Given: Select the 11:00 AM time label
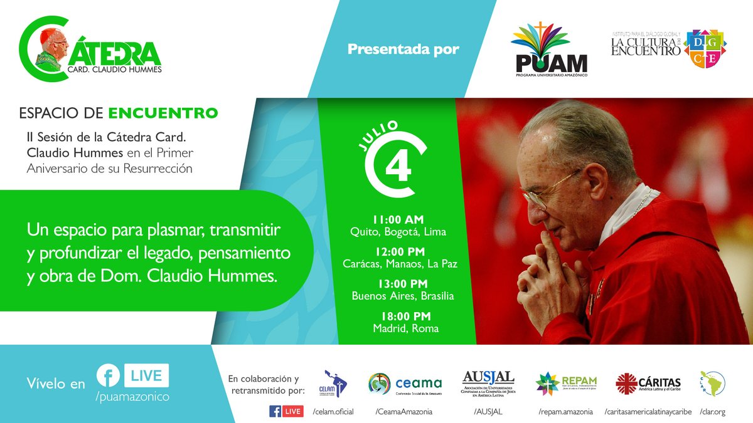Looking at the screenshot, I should coord(398,220).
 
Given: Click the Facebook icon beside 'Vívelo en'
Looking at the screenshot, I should coord(109,376).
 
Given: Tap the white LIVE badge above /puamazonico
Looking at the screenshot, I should coord(146,376).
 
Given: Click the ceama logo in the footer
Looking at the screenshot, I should coord(405,383).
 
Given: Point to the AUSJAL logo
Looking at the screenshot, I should coord(488,383).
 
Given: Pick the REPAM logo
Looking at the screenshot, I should coord(566,383).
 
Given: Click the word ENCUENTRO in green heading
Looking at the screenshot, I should coord(163,113).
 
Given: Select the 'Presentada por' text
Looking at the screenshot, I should coord(403,50).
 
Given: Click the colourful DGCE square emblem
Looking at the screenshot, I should coord(705,48).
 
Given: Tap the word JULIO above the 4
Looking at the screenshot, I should coord(380,133).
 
